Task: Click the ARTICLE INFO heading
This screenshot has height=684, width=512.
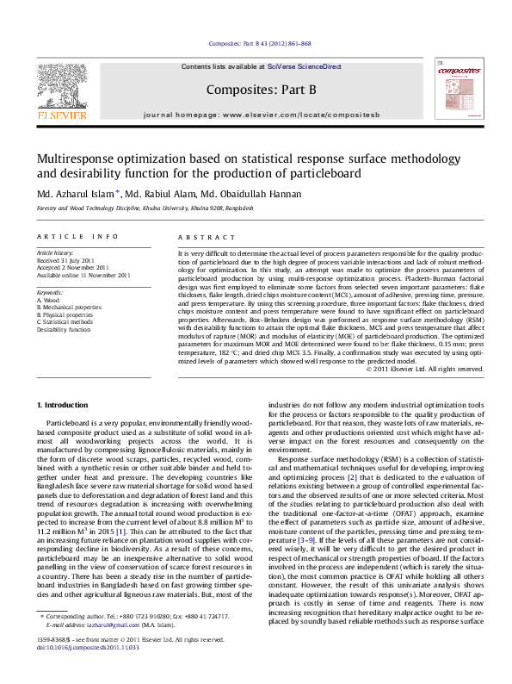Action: pos(77,236)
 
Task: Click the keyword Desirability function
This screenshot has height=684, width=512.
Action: pos(63,329)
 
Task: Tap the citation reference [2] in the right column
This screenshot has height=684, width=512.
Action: pos(351,476)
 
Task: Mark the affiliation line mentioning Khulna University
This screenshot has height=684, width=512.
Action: pos(133,208)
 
